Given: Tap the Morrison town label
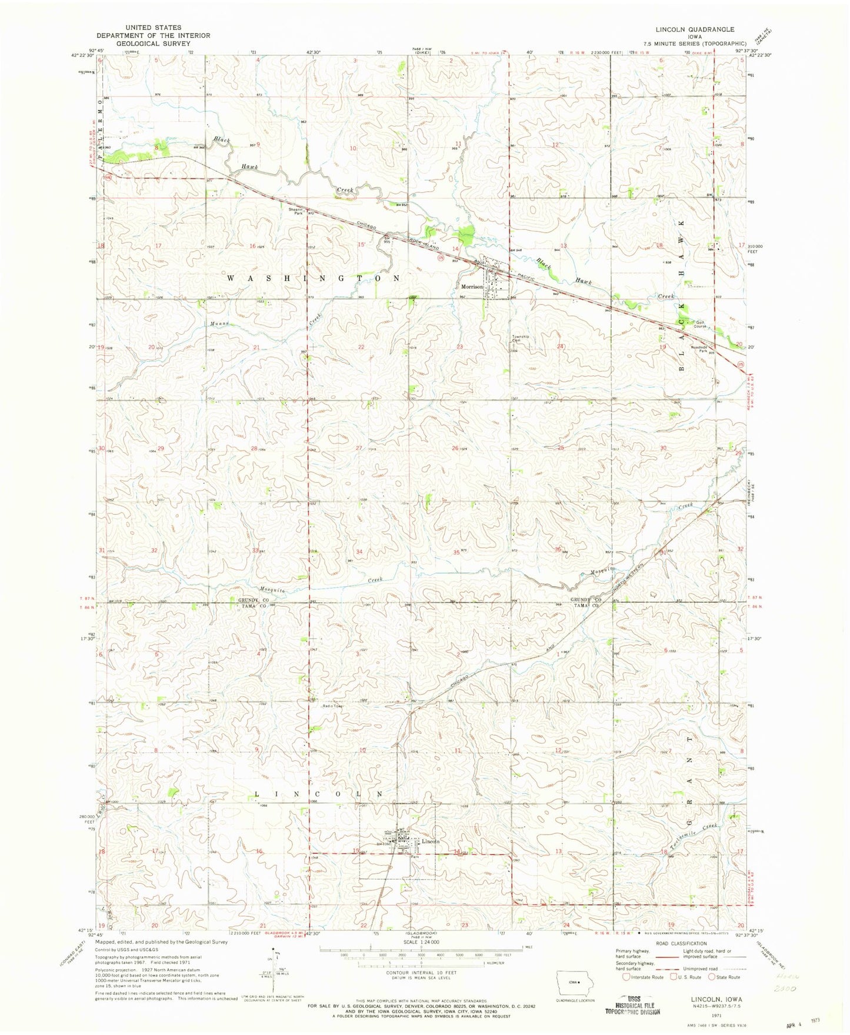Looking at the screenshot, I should [472, 287].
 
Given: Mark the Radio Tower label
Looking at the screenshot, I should [332, 706].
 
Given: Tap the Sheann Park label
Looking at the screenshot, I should [295, 211].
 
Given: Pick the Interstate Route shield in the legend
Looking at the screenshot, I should [626, 977].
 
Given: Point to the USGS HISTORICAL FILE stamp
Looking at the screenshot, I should [632, 1008].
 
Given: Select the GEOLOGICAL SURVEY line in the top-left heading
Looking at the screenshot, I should [153, 43].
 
